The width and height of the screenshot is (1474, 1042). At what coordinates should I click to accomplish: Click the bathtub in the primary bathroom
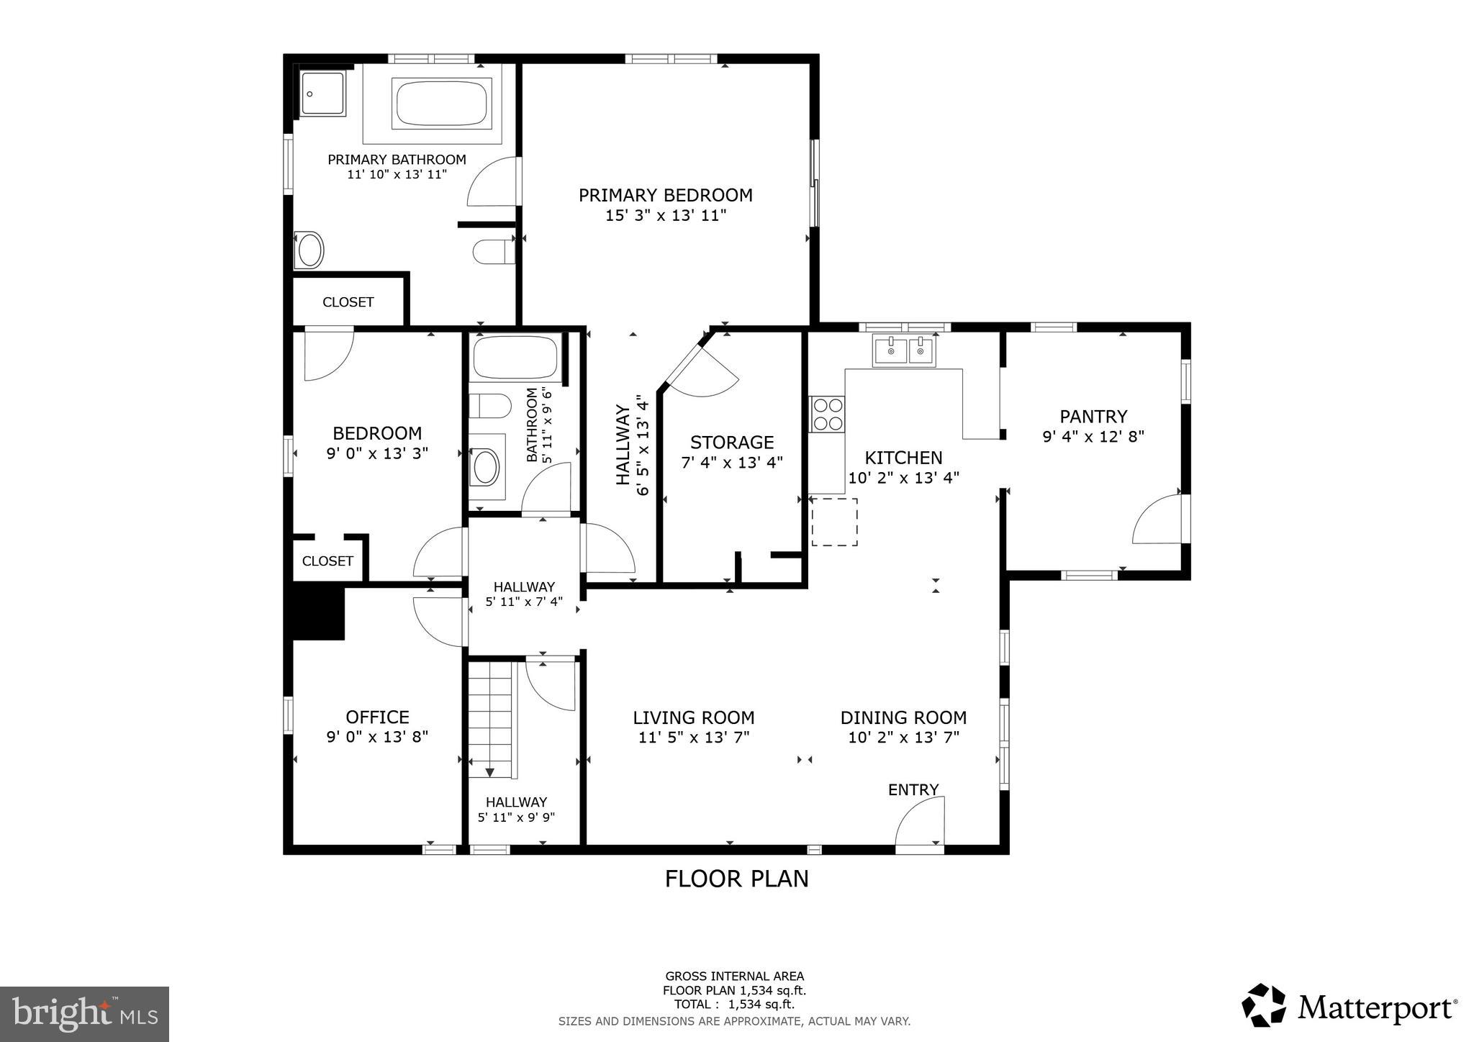click(441, 104)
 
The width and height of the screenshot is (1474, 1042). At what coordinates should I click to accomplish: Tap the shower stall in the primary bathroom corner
click(322, 94)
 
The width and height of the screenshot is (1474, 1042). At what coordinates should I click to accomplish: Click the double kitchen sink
click(904, 350)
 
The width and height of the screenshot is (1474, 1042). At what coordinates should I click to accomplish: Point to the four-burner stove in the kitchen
click(827, 414)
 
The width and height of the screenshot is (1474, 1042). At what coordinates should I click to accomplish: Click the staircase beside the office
click(490, 720)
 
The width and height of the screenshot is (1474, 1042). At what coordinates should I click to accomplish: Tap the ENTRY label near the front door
click(913, 790)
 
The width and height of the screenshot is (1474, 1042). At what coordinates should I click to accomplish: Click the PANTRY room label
click(1093, 417)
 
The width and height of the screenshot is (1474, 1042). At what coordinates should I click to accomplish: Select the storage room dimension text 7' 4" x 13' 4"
click(731, 463)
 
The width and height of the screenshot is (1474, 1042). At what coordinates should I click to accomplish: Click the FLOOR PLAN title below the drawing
click(736, 879)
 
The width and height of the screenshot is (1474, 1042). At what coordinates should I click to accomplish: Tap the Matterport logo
click(1349, 1006)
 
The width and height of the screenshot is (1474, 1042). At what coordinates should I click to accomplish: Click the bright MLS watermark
click(84, 1014)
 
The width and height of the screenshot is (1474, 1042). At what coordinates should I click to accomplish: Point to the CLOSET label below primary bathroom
click(348, 302)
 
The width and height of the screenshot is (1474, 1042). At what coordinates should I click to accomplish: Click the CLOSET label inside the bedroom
click(327, 561)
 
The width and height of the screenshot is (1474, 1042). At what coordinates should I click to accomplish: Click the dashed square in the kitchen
click(834, 522)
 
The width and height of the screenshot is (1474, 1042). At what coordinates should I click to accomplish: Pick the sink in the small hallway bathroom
click(484, 467)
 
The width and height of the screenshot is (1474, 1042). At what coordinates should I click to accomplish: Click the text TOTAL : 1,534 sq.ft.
click(733, 1005)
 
